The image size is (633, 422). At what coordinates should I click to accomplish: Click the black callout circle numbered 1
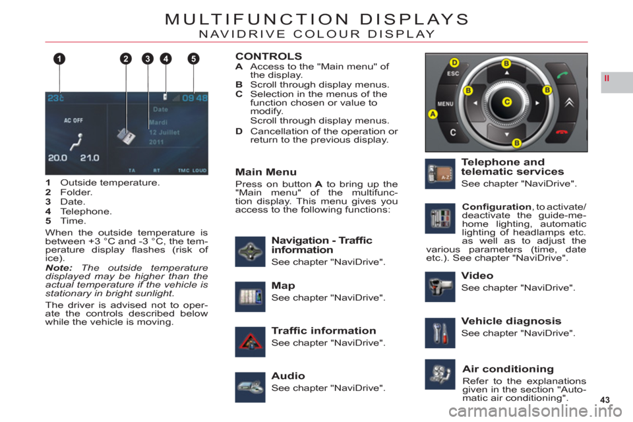tap(59, 59)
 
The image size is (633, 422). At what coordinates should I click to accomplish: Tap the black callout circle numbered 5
tap(193, 59)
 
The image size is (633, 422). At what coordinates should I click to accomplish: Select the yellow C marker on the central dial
tap(506, 102)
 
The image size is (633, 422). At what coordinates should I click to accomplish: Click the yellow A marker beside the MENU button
tap(433, 114)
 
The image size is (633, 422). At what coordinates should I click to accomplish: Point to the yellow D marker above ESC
tap(454, 63)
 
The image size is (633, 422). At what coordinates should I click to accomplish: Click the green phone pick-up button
tap(562, 75)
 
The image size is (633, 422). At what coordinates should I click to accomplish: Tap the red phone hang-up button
tap(562, 132)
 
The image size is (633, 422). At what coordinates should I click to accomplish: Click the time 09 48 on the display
tap(195, 98)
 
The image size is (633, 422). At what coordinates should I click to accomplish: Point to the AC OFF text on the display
tap(73, 121)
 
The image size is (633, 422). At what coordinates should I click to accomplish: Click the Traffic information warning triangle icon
tap(251, 342)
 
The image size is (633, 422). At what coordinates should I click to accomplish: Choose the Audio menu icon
tap(251, 387)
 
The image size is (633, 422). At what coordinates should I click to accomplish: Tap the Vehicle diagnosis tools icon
tap(440, 333)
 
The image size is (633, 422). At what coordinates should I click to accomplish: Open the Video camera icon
tap(440, 287)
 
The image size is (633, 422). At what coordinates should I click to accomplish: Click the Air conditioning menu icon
tap(440, 375)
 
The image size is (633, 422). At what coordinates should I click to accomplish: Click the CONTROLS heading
tap(268, 56)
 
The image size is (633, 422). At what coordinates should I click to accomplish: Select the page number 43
tap(605, 400)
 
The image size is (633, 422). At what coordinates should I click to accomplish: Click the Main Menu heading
tap(266, 172)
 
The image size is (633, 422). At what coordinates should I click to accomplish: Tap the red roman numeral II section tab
tap(607, 78)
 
